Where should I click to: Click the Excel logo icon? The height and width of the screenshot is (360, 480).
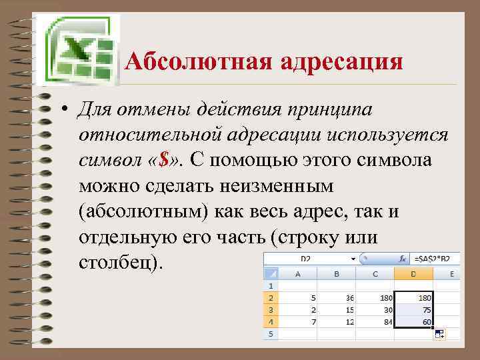pos(75,49)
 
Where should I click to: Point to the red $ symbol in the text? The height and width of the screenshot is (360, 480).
pos(163,159)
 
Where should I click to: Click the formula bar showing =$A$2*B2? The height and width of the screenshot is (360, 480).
pos(437,259)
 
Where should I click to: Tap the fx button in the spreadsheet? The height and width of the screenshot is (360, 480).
pos(402,259)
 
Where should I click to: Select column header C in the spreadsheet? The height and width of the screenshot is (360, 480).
pos(376,273)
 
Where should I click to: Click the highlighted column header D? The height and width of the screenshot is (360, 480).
pos(413,273)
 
